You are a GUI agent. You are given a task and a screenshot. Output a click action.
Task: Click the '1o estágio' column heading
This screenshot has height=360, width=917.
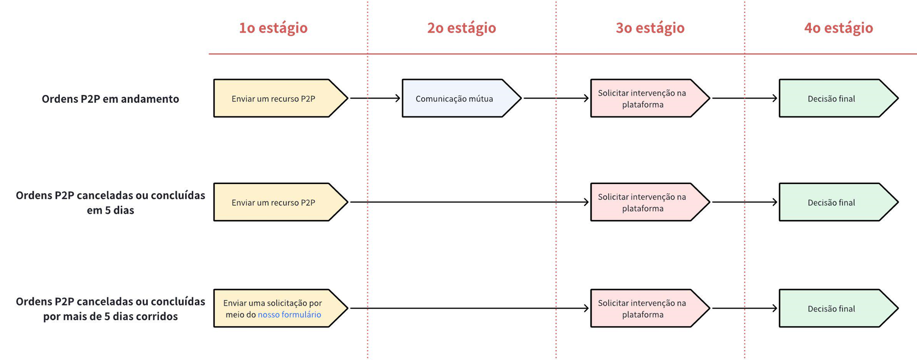273,28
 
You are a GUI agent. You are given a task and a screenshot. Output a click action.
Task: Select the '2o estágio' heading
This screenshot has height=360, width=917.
462,28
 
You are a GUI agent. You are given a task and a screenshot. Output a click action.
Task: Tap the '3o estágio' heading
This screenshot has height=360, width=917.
650,28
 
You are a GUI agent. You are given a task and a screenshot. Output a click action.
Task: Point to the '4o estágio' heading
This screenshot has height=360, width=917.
838,28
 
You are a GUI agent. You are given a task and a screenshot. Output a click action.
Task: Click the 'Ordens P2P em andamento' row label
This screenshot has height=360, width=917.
110,99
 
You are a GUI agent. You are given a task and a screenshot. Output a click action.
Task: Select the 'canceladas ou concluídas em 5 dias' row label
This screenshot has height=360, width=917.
110,202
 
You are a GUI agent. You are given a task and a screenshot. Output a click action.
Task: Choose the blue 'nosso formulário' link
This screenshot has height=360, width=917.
289,314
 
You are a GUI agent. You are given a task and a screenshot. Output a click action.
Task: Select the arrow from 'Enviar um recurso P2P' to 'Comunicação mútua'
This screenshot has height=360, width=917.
375,98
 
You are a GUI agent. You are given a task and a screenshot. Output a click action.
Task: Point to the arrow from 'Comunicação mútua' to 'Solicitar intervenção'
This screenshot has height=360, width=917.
556,98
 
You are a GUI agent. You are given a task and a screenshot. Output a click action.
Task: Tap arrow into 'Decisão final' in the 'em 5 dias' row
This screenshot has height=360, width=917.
745,202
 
